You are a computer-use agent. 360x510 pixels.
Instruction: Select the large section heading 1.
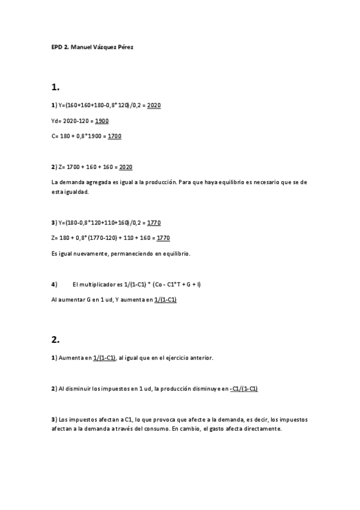55,87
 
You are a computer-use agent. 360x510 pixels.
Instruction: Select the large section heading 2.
55,339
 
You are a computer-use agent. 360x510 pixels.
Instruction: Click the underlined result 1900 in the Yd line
102,121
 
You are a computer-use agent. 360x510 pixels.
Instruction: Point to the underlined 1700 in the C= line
114,136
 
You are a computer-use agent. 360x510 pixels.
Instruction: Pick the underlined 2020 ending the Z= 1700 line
126,167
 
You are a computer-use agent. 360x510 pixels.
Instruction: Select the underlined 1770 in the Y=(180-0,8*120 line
154,223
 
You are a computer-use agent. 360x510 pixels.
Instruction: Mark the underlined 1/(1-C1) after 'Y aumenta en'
165,299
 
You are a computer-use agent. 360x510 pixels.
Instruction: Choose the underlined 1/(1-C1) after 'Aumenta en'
105,358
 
